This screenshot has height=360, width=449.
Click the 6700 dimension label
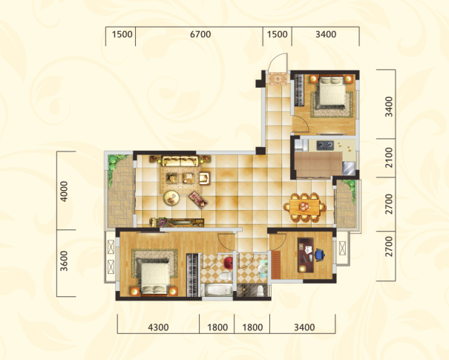click(x=200, y=34)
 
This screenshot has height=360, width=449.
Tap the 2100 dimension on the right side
click(x=389, y=157)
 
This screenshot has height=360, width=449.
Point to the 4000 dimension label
click(x=64, y=192)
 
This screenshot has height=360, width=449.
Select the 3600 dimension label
click(x=64, y=261)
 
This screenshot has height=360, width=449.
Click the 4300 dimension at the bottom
click(x=158, y=327)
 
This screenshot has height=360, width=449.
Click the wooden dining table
click(x=305, y=207)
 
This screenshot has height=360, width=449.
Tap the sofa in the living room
click(x=180, y=161)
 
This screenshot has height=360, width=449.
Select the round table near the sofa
click(x=171, y=198)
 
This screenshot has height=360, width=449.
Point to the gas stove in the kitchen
click(x=325, y=145)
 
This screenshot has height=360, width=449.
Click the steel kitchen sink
click(x=349, y=168)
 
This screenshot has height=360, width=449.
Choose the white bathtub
click(x=217, y=289)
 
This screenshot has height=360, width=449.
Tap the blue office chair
click(x=320, y=255)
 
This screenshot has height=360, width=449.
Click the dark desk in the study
click(x=306, y=255)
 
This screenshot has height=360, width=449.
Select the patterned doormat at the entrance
click(x=278, y=79)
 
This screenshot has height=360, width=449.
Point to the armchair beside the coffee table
click(x=205, y=178)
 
